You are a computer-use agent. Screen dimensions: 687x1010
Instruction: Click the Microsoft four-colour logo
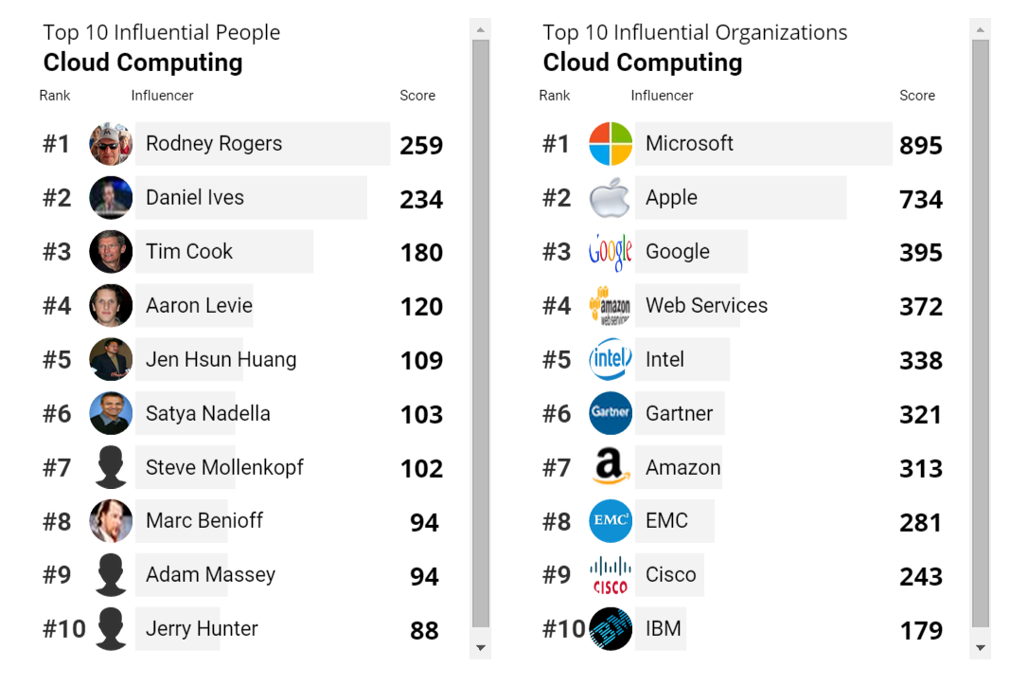coord(611,144)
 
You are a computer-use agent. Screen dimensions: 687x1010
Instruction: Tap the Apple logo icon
coord(610,198)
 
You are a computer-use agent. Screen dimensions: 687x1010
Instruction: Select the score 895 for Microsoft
coord(921,145)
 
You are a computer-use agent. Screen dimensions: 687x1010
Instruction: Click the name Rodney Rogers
coord(214,144)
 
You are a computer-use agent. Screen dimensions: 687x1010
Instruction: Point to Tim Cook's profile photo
coord(111,252)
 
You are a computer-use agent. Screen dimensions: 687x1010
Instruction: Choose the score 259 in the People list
coord(421,145)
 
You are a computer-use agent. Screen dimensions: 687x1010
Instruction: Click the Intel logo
coord(611,360)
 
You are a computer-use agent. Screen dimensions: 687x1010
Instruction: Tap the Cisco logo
coord(611,575)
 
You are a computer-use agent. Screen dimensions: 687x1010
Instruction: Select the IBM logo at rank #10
coord(611,629)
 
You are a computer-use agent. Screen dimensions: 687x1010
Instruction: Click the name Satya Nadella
coord(208,414)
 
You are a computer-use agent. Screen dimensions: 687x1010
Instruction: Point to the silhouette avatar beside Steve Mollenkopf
coord(111,468)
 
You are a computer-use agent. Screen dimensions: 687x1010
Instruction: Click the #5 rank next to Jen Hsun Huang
coord(57,360)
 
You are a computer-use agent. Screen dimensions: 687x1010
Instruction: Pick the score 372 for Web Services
coord(921,307)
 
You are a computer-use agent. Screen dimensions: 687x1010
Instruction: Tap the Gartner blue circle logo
coord(611,414)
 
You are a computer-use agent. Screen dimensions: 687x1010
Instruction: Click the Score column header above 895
coord(916,96)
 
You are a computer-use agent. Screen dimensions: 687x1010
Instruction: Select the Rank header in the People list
coord(55,96)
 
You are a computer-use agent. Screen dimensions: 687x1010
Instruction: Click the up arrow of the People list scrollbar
coord(480,30)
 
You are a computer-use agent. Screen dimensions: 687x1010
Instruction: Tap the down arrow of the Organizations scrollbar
coord(980,648)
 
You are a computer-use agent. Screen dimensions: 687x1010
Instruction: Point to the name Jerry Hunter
coord(202,629)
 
